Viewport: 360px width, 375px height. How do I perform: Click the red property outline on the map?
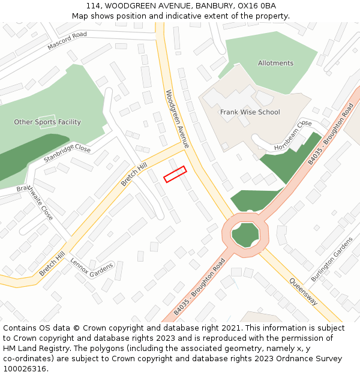coord(175,174)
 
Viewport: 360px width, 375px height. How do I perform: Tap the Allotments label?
coord(275,63)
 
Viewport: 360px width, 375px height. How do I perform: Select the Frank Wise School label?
coord(250,112)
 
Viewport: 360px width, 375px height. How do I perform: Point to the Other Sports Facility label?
coord(47,122)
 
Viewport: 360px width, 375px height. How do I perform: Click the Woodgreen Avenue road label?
coord(177,119)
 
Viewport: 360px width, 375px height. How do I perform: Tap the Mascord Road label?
coord(67,40)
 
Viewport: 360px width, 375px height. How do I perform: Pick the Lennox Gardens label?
coord(91,266)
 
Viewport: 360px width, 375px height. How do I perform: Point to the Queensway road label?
coord(303,292)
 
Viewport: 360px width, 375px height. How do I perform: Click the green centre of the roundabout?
coord(245,235)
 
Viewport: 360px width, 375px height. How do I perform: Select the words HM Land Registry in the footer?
coord(33,348)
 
